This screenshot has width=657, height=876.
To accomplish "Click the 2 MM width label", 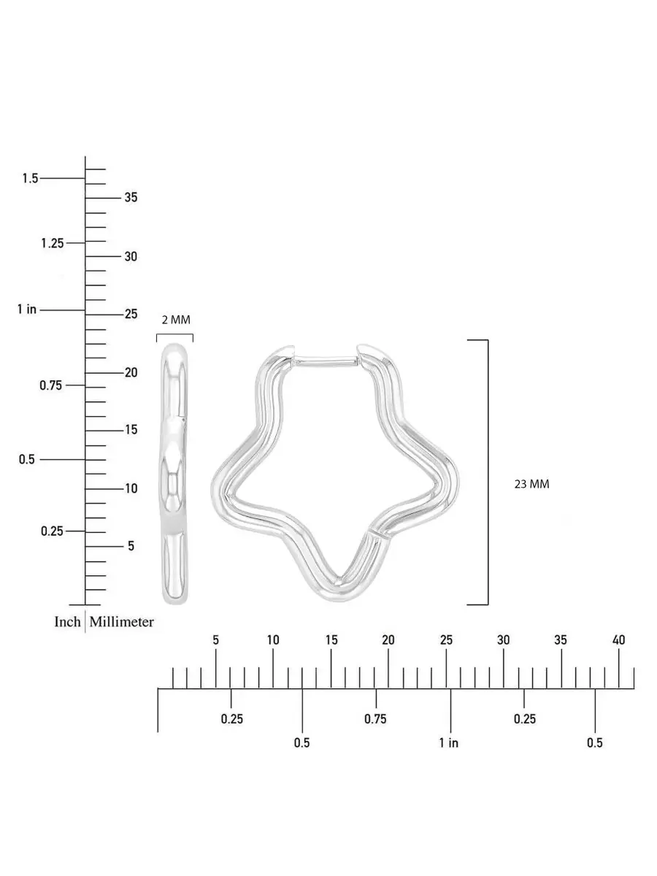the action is tap(176, 320).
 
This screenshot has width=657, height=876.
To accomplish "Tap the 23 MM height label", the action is tap(531, 484).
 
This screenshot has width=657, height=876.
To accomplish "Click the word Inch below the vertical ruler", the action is tap(67, 621).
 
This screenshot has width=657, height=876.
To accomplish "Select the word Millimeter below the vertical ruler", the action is tap(122, 621).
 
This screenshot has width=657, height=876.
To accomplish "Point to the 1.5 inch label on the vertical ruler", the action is tap(30, 178).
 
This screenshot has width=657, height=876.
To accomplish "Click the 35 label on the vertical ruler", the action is tap(131, 197).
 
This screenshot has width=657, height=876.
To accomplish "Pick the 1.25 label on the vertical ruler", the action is tap(53, 243).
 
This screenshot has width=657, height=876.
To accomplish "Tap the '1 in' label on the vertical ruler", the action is tap(27, 310).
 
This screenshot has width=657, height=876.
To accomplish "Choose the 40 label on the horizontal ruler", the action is tap(618, 639).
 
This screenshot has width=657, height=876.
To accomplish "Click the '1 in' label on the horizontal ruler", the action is tap(449, 742).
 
